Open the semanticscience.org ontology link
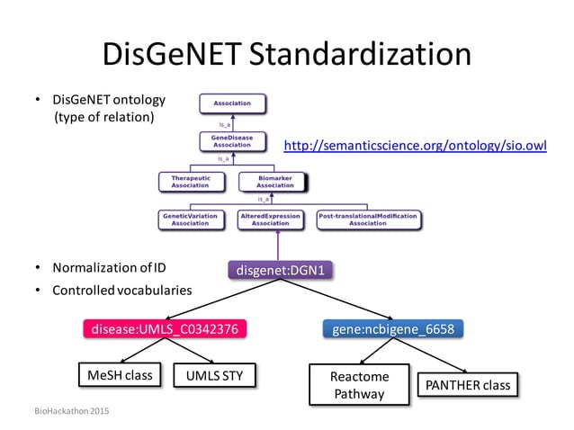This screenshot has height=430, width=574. [415, 145]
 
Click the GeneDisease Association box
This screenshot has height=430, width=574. [231, 140]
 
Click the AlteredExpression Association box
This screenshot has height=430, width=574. [275, 219]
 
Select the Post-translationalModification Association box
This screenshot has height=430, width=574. [368, 219]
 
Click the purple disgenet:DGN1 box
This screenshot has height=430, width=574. [279, 267]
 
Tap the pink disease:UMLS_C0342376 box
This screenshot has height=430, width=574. [164, 329]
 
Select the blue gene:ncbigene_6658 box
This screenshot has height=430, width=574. [393, 329]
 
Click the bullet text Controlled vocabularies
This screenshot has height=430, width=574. [121, 290]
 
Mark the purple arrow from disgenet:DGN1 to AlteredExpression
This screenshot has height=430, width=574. [278, 243]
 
